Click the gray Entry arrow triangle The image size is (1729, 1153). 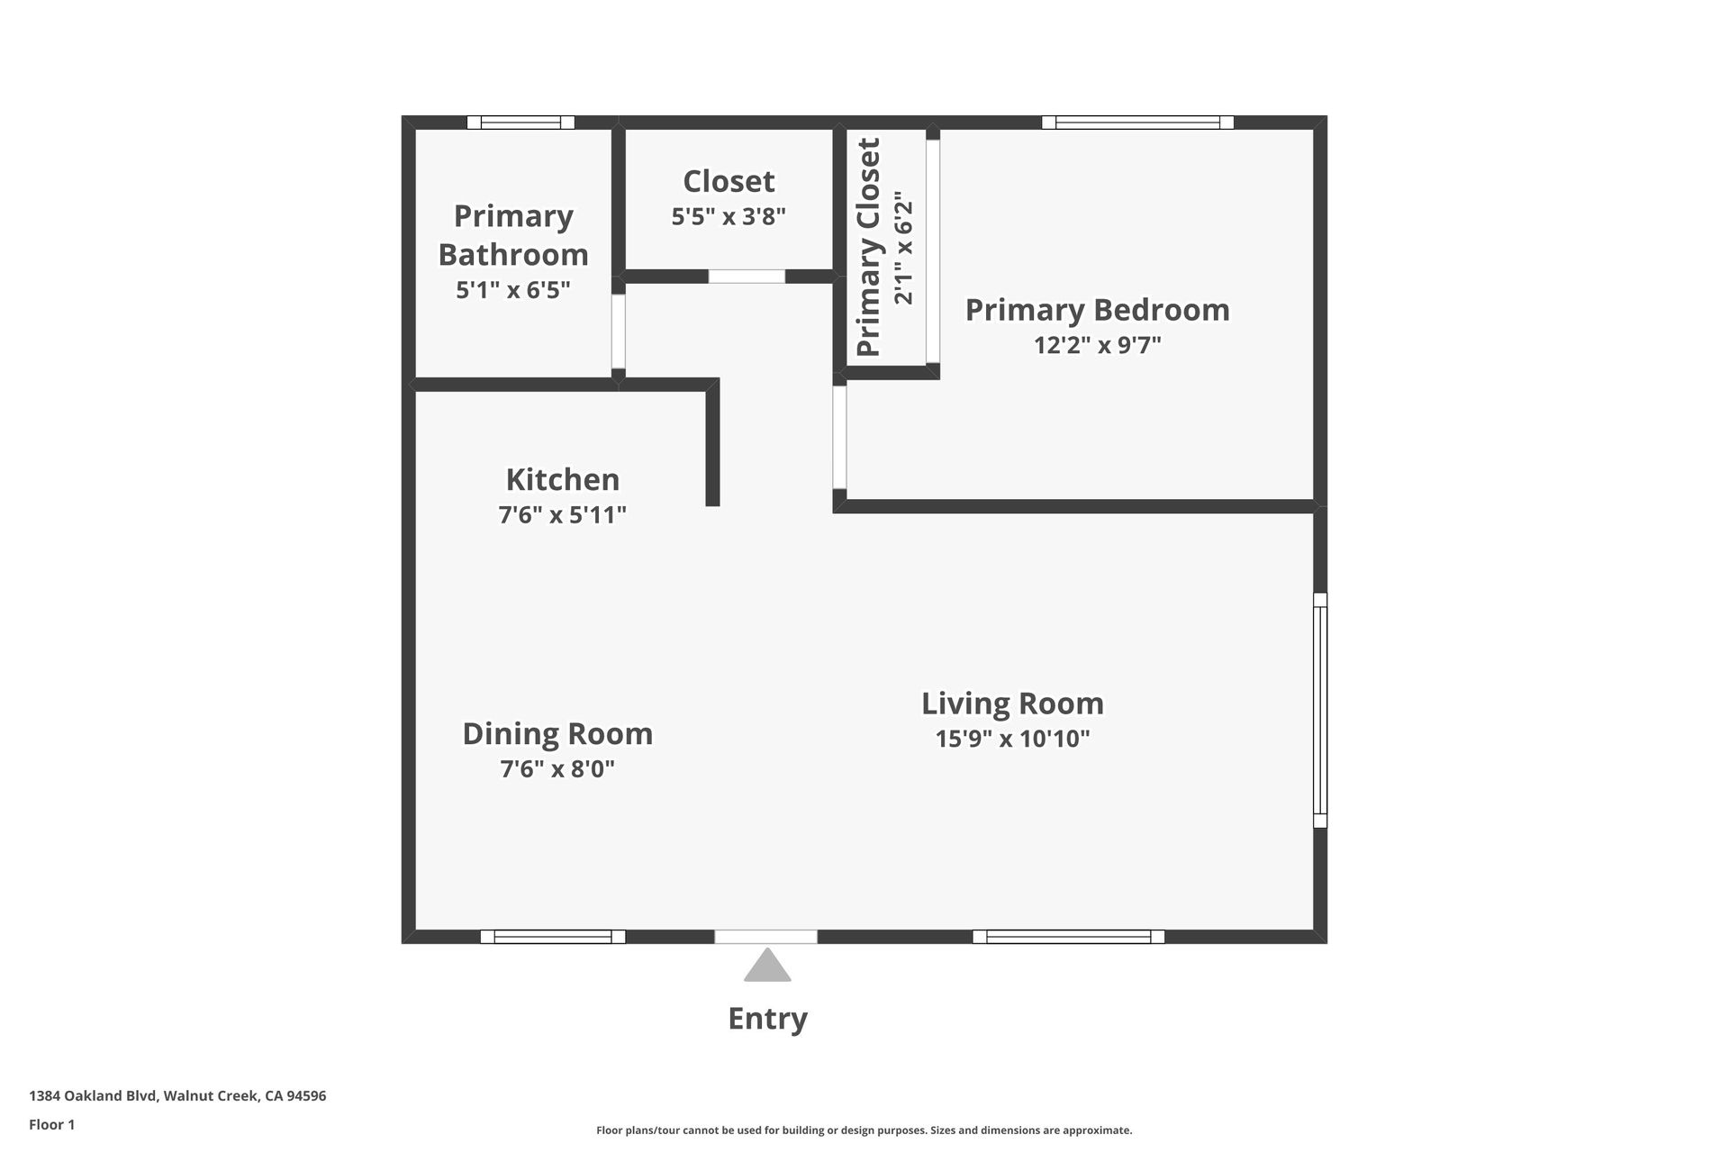(x=767, y=966)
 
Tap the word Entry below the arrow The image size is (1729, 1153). (x=767, y=1019)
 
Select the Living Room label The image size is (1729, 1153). (x=1012, y=704)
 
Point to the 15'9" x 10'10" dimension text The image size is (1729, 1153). (x=1012, y=739)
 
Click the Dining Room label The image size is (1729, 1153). (x=557, y=734)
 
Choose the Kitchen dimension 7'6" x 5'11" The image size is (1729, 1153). (x=563, y=514)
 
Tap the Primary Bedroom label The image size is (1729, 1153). (x=1098, y=310)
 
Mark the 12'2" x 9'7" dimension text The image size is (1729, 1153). (x=1098, y=345)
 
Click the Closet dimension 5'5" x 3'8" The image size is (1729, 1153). (x=729, y=217)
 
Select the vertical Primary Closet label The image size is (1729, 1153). (x=868, y=247)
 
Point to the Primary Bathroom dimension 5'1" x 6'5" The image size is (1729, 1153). (x=513, y=290)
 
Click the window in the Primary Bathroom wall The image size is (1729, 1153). (x=521, y=123)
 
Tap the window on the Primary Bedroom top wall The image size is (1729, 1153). (x=1137, y=123)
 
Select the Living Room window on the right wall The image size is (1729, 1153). (x=1320, y=710)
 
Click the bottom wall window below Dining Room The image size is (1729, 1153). (x=553, y=937)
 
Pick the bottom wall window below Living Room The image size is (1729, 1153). (x=1068, y=937)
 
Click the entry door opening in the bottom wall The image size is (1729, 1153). (x=766, y=937)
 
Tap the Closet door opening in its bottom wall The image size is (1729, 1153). (x=747, y=277)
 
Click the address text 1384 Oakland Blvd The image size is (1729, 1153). (x=94, y=1096)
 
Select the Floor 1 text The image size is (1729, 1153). (x=52, y=1124)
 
